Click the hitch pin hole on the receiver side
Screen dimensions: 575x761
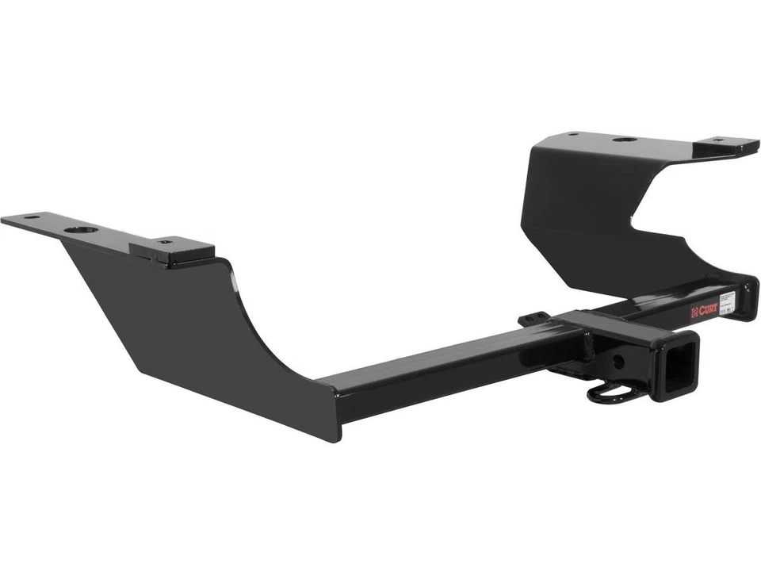pyautogui.click(x=619, y=362)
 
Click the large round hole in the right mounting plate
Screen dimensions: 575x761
pyautogui.click(x=624, y=140)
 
